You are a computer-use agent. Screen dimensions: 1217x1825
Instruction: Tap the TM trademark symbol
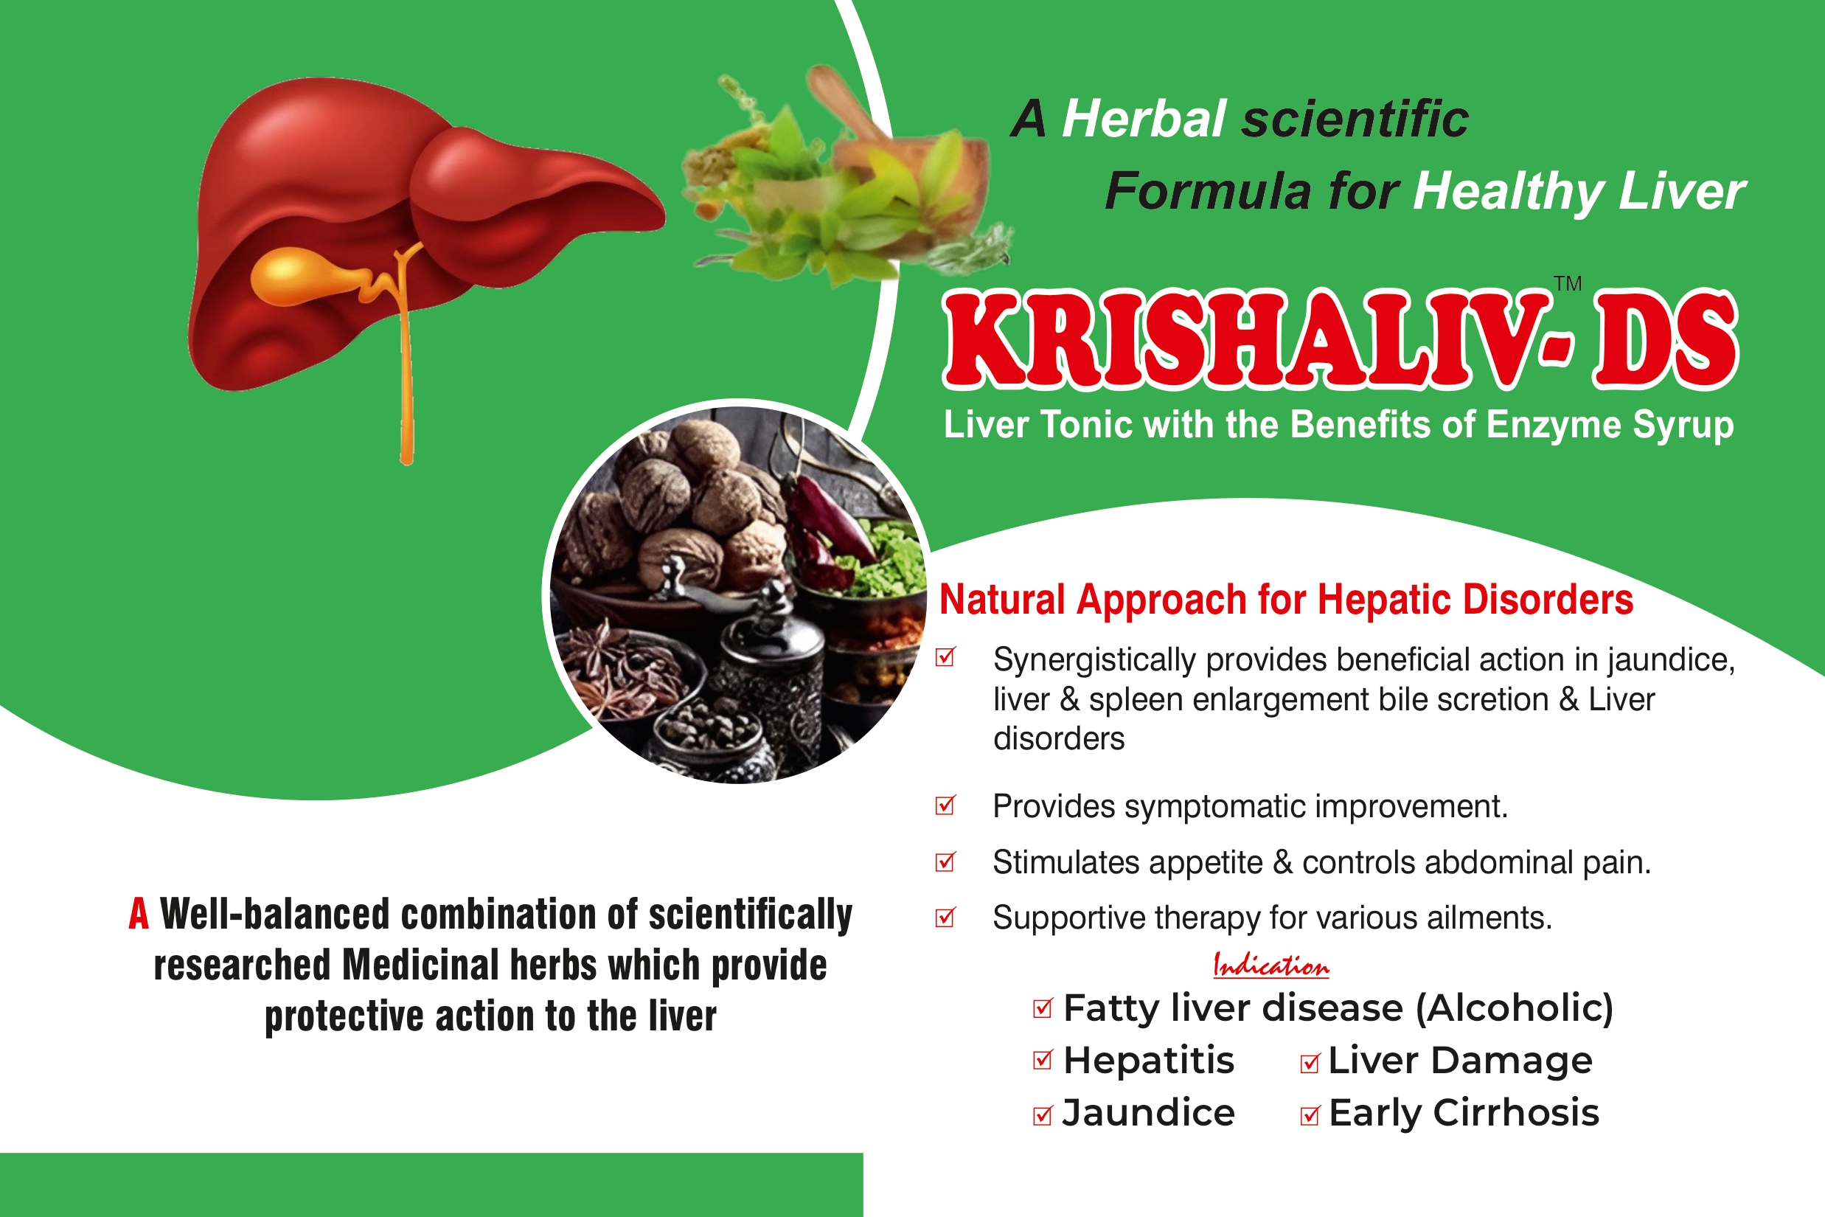click(x=1568, y=284)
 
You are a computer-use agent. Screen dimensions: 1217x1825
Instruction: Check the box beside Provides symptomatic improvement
click(x=945, y=805)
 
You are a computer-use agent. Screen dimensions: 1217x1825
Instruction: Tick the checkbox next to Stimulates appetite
click(x=945, y=861)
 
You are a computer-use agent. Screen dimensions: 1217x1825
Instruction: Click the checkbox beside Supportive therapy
click(x=945, y=918)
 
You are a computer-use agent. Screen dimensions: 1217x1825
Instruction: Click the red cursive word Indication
click(x=1271, y=966)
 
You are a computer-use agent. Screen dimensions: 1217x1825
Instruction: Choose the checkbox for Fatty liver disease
click(x=1043, y=1008)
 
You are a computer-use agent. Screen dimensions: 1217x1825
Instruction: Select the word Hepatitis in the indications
click(x=1148, y=1060)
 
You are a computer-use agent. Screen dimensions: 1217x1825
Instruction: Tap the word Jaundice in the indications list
click(x=1148, y=1113)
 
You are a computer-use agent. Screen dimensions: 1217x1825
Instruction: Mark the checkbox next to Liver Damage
click(x=1310, y=1063)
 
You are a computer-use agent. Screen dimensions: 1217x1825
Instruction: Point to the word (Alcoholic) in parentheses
click(x=1515, y=1008)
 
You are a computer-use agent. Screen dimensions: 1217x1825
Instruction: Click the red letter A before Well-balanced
click(x=138, y=915)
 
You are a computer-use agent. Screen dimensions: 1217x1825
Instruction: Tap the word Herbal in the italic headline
click(x=1144, y=119)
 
